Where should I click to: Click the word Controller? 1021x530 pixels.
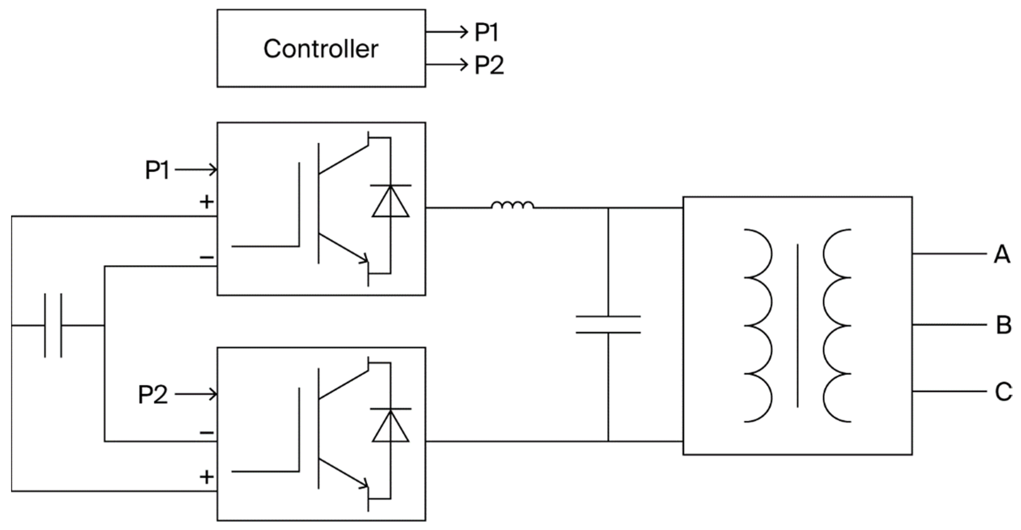(321, 49)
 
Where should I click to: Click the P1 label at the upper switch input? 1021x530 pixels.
(157, 170)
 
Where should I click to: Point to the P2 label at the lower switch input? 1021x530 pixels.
(153, 395)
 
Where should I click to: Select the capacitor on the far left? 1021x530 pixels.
(53, 325)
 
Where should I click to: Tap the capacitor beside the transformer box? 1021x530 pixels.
(608, 325)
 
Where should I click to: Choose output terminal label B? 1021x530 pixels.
(1003, 325)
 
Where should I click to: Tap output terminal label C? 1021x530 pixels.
(1003, 391)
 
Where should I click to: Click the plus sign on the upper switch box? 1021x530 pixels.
(207, 202)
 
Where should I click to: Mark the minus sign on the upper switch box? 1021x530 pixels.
(207, 258)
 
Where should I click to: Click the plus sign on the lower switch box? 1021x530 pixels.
(207, 477)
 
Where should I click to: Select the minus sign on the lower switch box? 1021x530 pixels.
(207, 432)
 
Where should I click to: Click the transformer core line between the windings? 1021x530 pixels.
(797, 325)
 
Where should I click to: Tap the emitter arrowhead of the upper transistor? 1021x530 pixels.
(364, 260)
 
